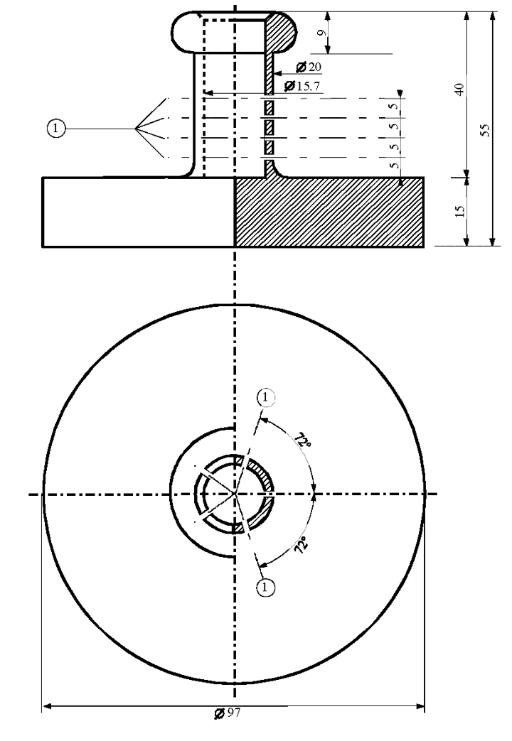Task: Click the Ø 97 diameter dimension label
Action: pyautogui.click(x=228, y=713)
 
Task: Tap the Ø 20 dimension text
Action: pyautogui.click(x=309, y=67)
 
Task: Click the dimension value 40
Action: pyautogui.click(x=459, y=90)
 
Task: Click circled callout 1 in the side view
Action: pyautogui.click(x=56, y=128)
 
